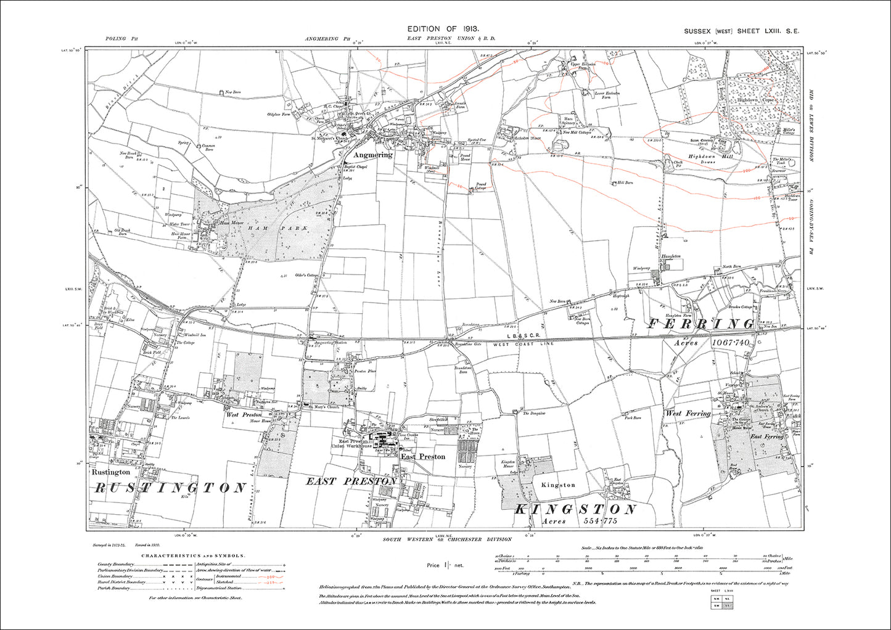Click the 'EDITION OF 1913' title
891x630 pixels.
(x=443, y=29)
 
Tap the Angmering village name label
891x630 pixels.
(x=372, y=155)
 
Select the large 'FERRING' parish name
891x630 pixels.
(x=701, y=324)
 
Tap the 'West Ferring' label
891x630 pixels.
(x=688, y=413)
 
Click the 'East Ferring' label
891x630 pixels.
(x=766, y=436)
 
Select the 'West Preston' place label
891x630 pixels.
(x=240, y=415)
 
